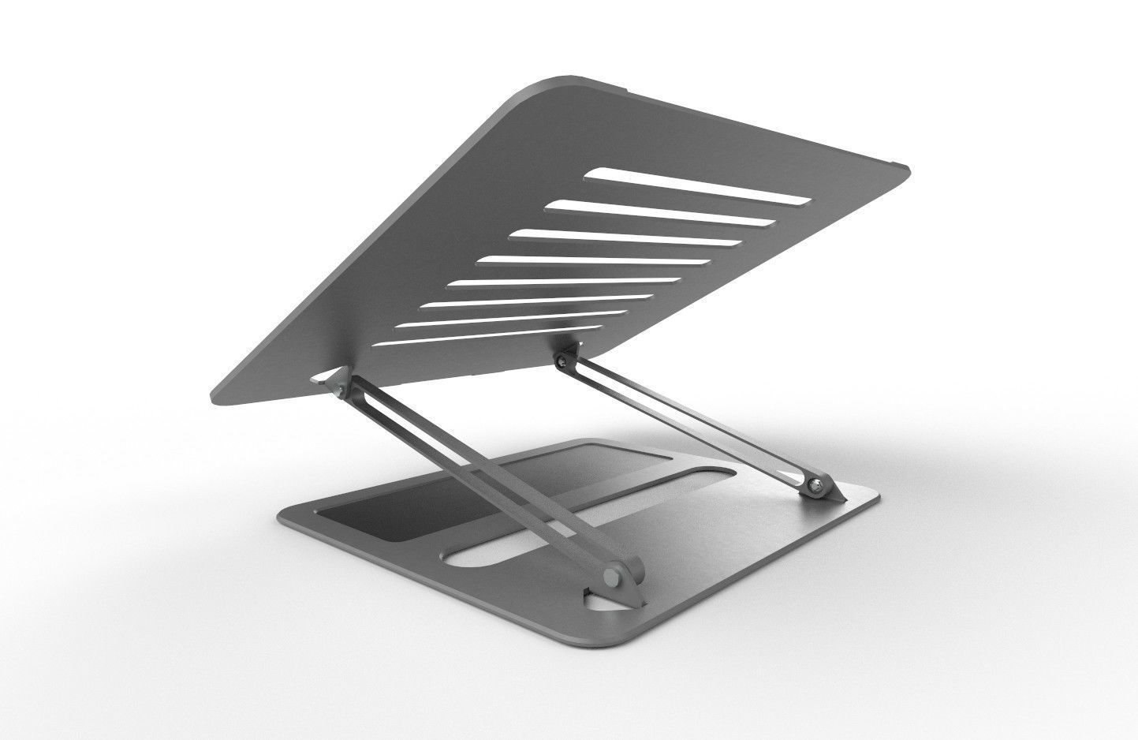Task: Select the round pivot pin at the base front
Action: tap(613, 575)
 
